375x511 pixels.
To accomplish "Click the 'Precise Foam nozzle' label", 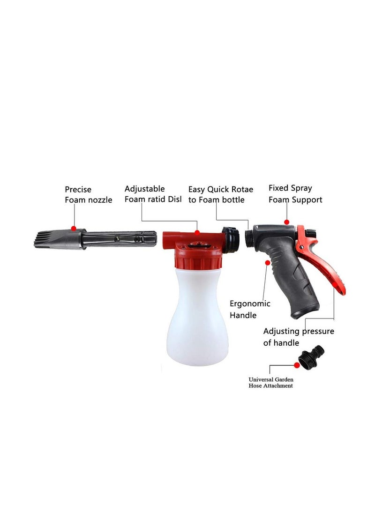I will click(x=88, y=195).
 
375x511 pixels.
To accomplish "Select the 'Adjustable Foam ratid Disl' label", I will click(x=153, y=194).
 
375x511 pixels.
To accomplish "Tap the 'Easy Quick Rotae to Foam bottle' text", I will click(x=220, y=195).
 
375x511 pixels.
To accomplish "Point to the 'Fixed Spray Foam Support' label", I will click(x=295, y=194).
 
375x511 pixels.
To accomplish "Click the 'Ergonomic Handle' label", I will click(x=249, y=309).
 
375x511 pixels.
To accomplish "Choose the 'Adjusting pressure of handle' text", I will click(x=298, y=337).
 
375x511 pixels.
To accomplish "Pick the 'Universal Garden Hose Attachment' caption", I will click(x=270, y=382).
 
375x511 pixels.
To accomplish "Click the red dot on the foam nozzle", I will click(x=74, y=228).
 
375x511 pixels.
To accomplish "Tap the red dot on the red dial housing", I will click(x=197, y=232).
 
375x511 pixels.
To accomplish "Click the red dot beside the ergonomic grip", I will click(x=268, y=263).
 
